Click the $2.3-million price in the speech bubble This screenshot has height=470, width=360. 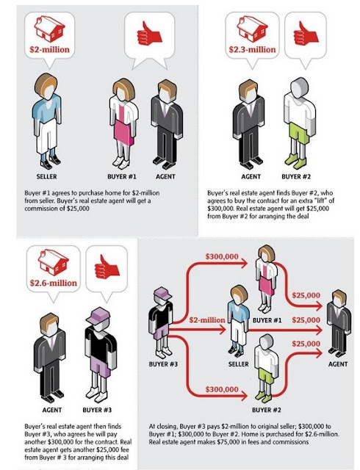252,49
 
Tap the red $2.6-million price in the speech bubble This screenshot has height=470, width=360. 54,283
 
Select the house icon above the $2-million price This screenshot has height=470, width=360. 49,29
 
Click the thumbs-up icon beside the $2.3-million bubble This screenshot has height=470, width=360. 305,34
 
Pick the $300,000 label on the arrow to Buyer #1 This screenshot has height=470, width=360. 222,256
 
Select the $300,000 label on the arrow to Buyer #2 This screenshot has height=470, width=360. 222,389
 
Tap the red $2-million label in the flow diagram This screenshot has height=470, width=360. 207,320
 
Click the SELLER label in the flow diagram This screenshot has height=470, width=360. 239,364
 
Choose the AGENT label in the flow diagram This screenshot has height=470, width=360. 338,364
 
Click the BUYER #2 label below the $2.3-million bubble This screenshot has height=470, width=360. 296,176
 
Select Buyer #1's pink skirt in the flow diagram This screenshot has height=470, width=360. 266,285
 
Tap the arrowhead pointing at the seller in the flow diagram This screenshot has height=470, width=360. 223,330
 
